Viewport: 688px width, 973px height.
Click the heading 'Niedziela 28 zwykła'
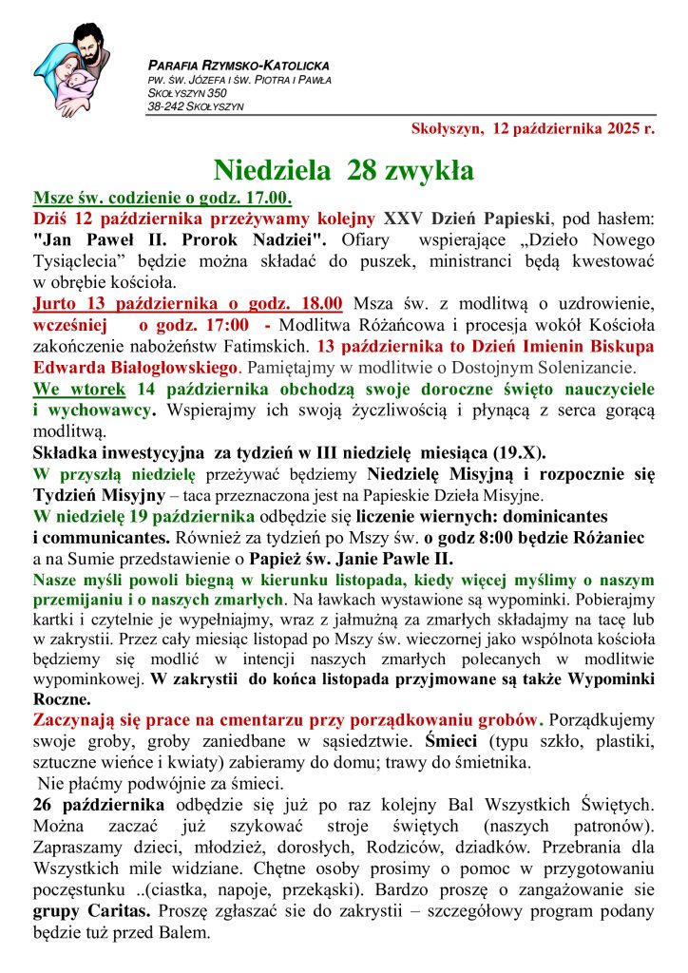(343, 170)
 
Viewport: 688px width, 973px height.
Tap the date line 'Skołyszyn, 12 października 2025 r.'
(533, 128)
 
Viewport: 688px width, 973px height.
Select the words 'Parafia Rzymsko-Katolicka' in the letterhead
(239, 66)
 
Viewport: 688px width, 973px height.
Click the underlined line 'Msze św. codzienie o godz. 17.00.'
(162, 199)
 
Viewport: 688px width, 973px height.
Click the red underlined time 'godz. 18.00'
(302, 304)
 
